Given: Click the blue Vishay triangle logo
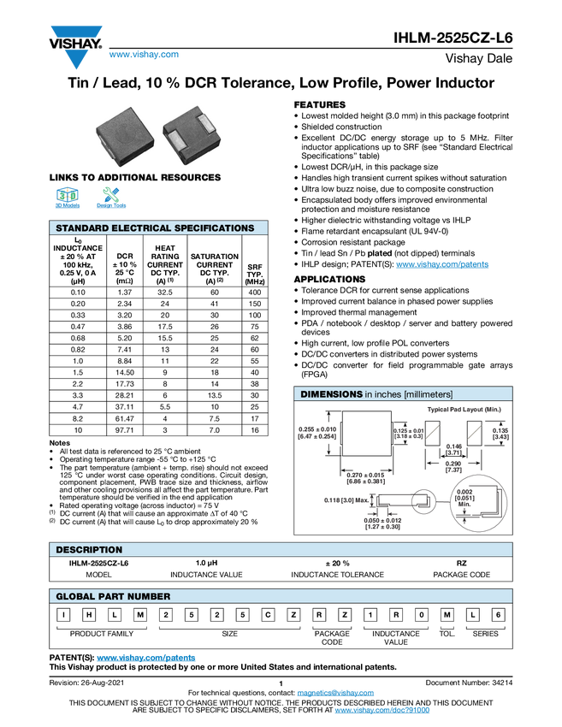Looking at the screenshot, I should point(76,59).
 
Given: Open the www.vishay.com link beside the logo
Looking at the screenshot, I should point(144,56).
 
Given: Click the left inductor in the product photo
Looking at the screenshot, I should point(127,135).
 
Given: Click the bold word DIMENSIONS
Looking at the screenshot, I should point(331,394).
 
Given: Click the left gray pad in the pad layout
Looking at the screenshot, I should point(434,433).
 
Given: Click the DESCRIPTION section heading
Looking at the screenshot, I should point(89,549).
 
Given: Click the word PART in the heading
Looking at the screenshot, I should point(114,596).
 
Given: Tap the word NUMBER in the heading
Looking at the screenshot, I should point(151,596).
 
